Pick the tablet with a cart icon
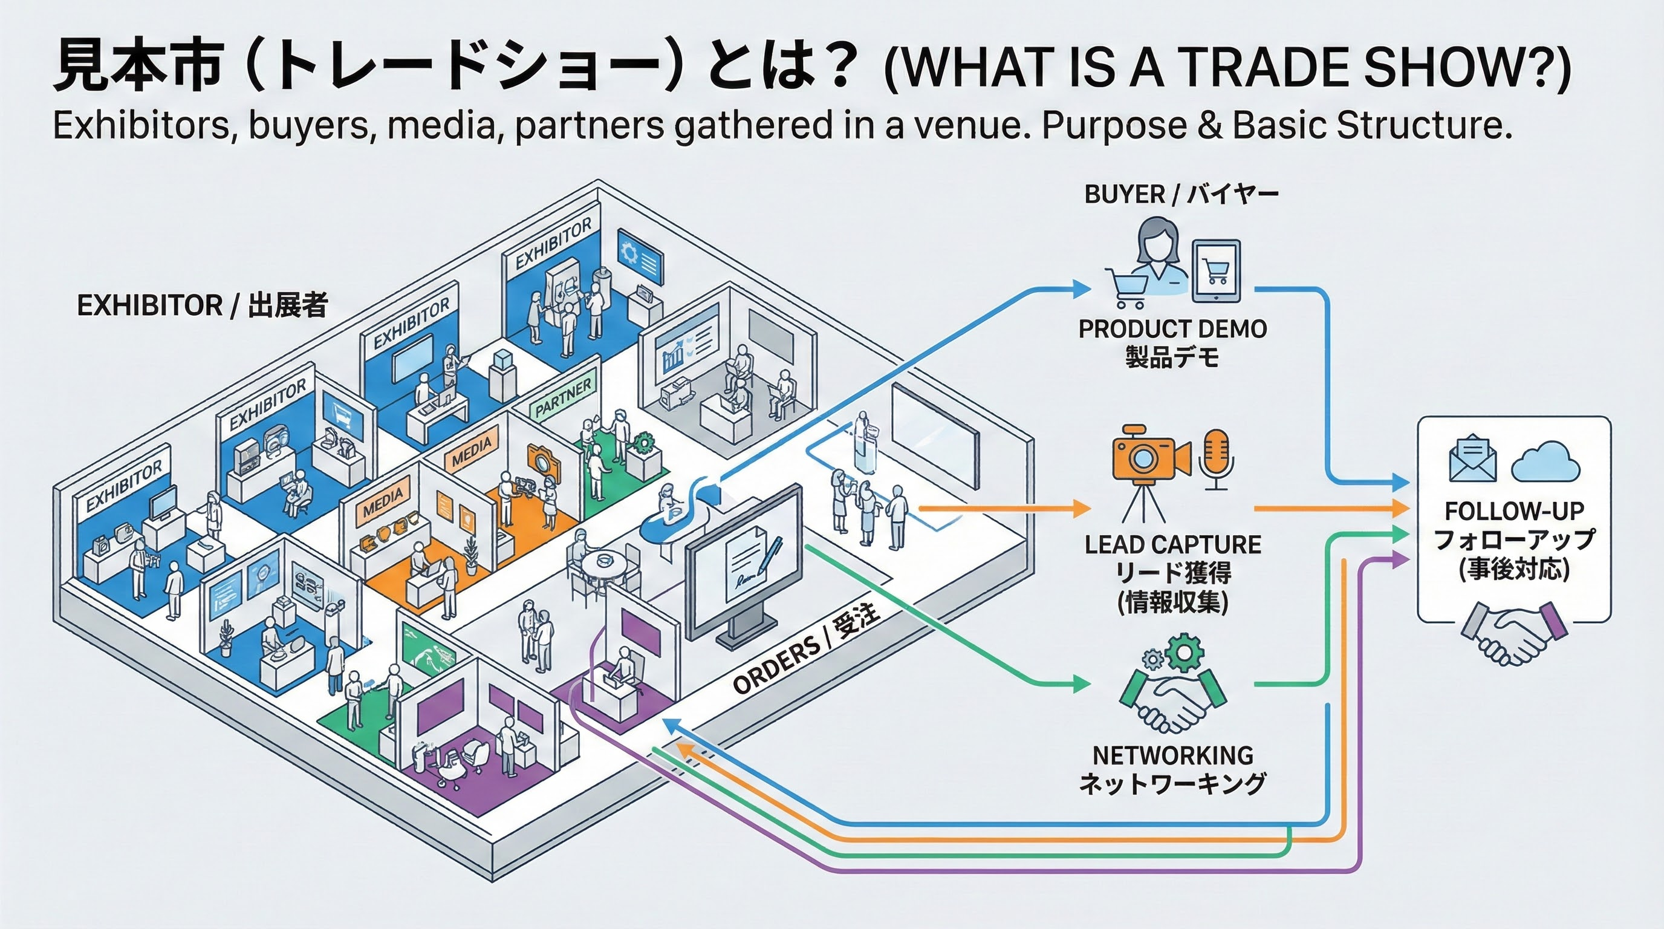click(x=1217, y=272)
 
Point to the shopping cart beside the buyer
click(x=1128, y=287)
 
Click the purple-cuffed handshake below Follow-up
click(x=1515, y=633)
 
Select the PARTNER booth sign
click(x=563, y=398)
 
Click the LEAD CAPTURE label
click(x=1172, y=544)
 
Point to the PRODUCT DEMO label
click(x=1172, y=329)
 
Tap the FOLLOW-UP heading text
click(x=1514, y=511)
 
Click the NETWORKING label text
click(x=1172, y=755)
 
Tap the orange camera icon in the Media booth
click(x=542, y=459)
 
